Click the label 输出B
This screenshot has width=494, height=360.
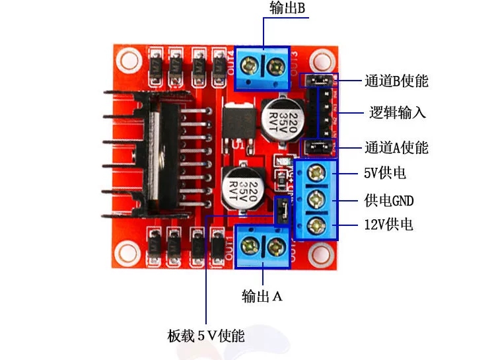[287, 9]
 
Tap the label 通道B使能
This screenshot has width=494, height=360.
[396, 81]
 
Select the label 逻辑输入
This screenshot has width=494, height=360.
[397, 112]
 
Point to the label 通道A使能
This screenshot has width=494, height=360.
[396, 147]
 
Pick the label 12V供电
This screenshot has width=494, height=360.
[388, 225]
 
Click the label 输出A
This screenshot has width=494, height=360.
[262, 297]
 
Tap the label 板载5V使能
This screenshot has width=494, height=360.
[206, 336]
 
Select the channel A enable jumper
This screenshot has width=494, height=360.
[317, 146]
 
